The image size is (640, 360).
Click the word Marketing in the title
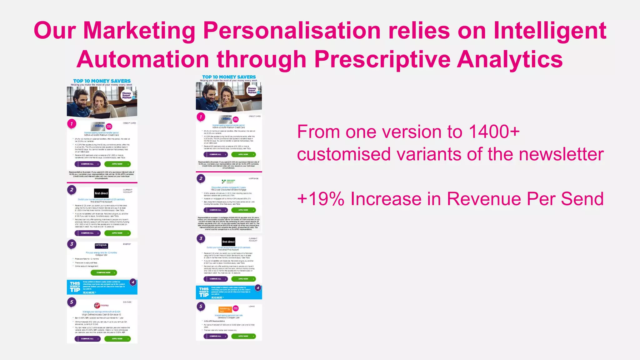point(139,31)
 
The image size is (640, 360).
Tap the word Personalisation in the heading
point(291,31)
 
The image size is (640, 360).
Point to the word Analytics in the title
point(510,59)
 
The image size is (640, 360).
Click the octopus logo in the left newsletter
point(101,246)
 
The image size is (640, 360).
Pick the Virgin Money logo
point(102,305)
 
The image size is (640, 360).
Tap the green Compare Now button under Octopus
point(104,272)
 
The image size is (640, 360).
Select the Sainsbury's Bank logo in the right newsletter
point(225,309)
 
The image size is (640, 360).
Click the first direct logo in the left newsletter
point(101,193)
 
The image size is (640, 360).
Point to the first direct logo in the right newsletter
point(228,242)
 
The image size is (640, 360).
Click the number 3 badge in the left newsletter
point(72,244)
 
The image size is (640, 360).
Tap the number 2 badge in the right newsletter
point(201,178)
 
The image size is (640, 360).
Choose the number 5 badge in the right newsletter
point(201,306)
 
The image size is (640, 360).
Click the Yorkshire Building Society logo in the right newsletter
point(228,181)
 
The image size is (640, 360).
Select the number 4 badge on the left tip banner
point(133,282)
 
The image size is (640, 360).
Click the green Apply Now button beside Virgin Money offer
point(117,339)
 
